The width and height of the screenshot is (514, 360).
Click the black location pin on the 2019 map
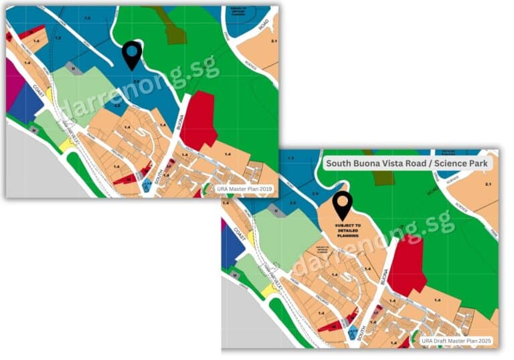click(132, 55)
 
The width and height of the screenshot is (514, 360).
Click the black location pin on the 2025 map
click(343, 205)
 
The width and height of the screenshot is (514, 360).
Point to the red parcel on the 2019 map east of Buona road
click(197, 120)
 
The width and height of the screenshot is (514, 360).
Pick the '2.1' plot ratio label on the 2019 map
click(273, 41)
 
